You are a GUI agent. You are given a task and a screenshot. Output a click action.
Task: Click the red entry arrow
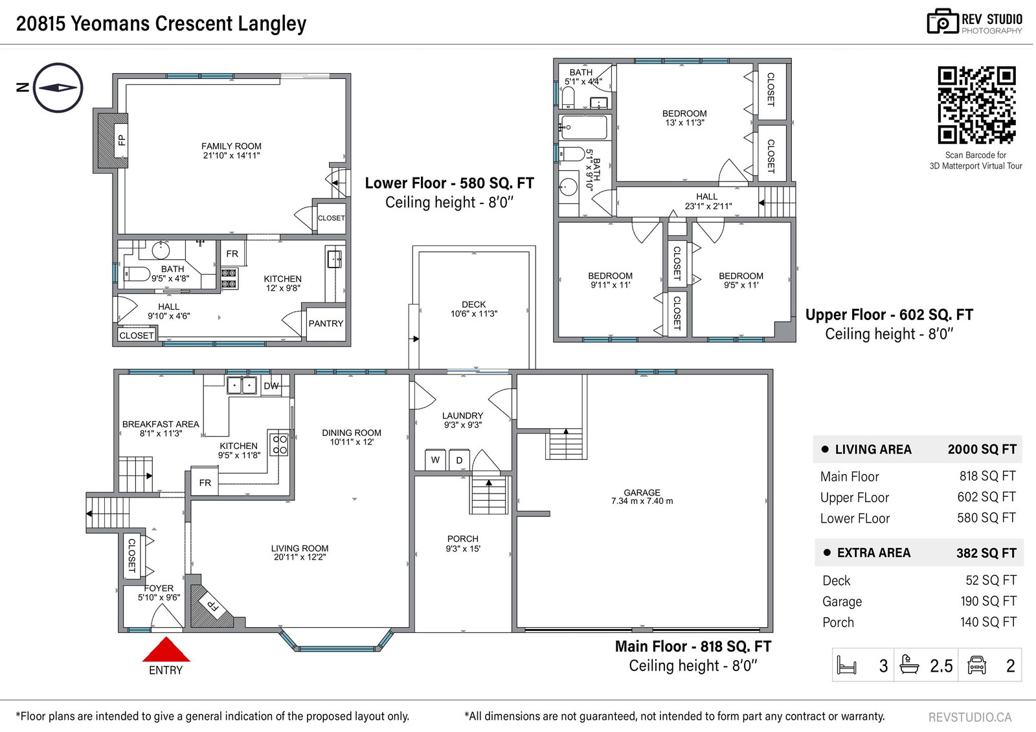[166, 650]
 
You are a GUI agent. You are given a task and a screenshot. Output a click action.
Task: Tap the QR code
[976, 105]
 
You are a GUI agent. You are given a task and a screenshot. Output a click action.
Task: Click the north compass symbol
[58, 88]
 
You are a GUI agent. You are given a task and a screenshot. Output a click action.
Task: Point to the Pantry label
[326, 323]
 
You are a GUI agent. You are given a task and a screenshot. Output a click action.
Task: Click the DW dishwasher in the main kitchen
[271, 385]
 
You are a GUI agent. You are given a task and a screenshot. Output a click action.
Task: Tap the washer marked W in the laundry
[435, 459]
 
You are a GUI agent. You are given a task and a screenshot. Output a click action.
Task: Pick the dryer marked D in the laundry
[459, 460]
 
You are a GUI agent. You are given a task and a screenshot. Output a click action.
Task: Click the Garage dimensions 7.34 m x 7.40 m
[642, 501]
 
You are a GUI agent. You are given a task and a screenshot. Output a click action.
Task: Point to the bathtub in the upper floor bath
[583, 127]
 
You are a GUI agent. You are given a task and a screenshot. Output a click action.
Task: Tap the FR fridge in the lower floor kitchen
[232, 253]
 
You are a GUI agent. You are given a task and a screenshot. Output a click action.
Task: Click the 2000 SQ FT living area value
[982, 450]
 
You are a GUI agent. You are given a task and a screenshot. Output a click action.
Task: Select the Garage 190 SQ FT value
[988, 601]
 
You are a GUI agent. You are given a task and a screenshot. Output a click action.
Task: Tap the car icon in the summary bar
[976, 665]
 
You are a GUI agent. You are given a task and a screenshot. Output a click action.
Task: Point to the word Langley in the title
[272, 24]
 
